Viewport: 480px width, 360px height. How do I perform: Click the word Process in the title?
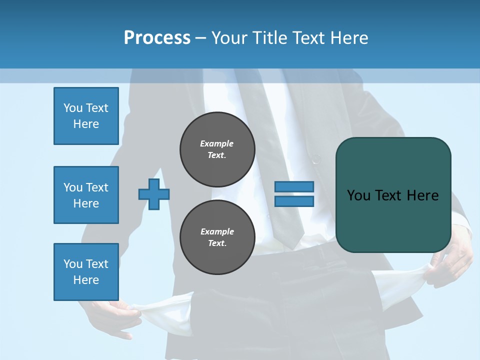tap(157, 38)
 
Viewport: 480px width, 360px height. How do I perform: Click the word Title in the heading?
tap(269, 38)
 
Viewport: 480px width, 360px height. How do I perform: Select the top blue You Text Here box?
tap(86, 116)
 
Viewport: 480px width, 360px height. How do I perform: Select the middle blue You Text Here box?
tap(86, 195)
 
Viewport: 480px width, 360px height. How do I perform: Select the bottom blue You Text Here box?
tap(86, 271)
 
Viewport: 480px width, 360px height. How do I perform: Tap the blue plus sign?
tap(154, 194)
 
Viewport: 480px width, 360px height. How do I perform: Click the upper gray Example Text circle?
tap(217, 149)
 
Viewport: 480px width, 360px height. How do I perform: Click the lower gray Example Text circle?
tap(217, 237)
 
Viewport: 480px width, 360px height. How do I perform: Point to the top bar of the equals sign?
tap(294, 187)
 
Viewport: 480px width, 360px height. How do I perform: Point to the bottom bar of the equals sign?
tap(294, 201)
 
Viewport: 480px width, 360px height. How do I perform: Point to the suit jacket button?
tap(316, 159)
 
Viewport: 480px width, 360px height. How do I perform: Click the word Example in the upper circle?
tap(217, 144)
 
